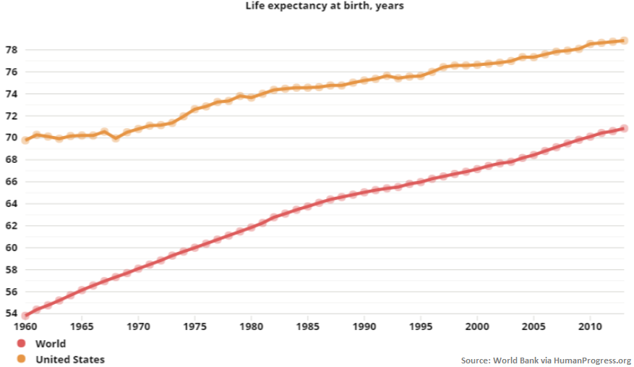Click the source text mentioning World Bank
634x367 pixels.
pyautogui.click(x=546, y=360)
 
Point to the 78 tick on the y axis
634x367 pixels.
pyautogui.click(x=11, y=50)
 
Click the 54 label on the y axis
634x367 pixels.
pyautogui.click(x=11, y=313)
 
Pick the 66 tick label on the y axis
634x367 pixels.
pyautogui.click(x=11, y=182)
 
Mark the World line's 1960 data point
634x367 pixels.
pyautogui.click(x=25, y=316)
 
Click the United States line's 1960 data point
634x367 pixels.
pyautogui.click(x=25, y=140)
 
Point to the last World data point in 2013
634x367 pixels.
pyautogui.click(x=624, y=128)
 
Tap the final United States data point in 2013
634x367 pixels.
pyautogui.click(x=624, y=41)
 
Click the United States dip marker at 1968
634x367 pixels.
pyautogui.click(x=116, y=138)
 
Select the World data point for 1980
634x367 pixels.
pyautogui.click(x=251, y=227)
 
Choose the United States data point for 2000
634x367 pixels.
pyautogui.click(x=477, y=64)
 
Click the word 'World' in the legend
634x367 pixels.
pyautogui.click(x=51, y=344)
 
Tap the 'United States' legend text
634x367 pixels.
pyautogui.click(x=70, y=359)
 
